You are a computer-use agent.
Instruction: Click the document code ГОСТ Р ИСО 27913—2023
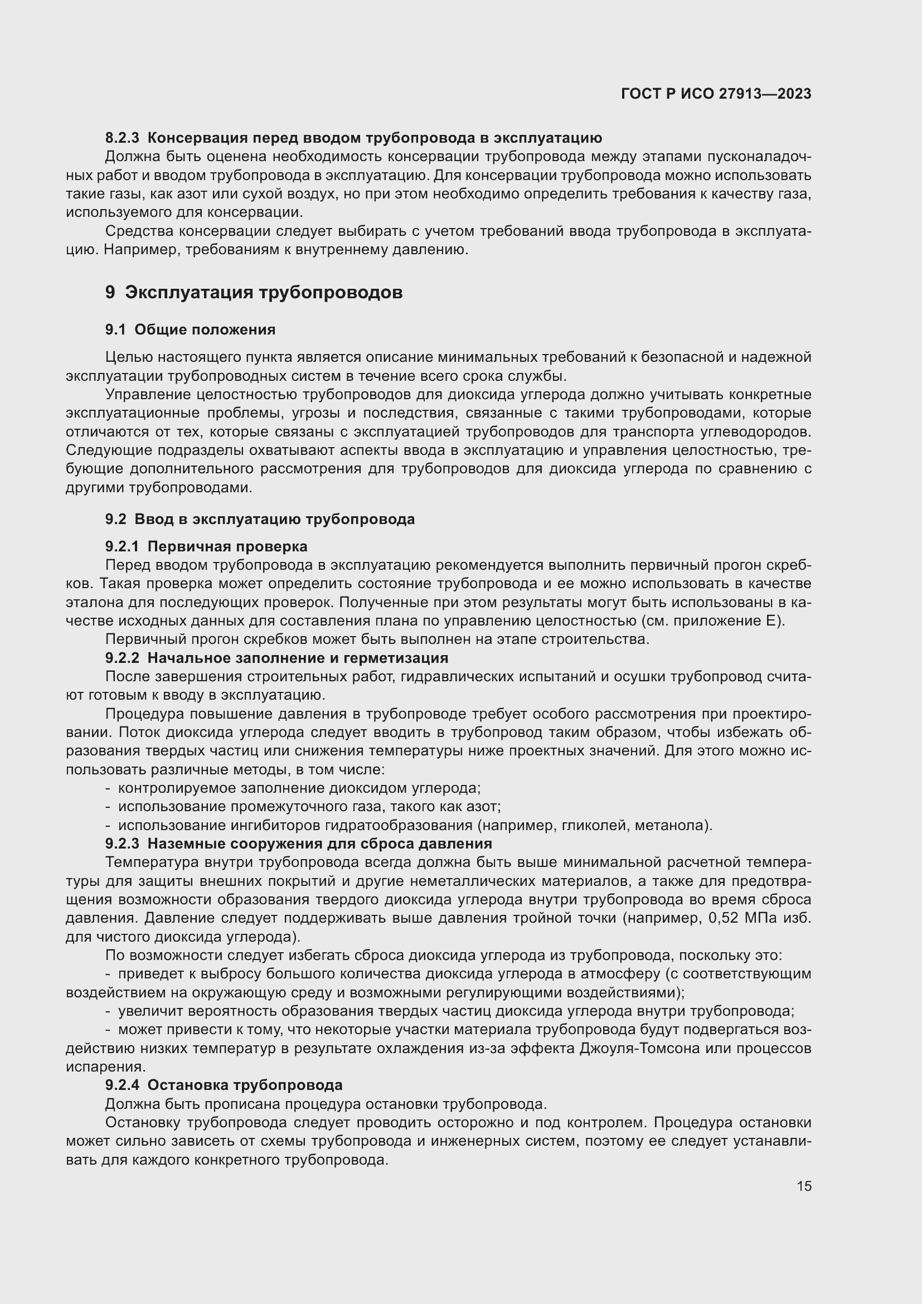pos(716,94)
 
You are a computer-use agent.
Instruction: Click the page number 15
pos(804,1186)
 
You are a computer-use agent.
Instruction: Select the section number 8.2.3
pos(122,138)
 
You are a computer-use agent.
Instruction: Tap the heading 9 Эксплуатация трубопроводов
pos(254,293)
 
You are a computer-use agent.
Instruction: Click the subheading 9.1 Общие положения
pos(190,329)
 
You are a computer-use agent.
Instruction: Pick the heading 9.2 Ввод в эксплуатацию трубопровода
pos(259,519)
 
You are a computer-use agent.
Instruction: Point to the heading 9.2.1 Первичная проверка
pos(206,546)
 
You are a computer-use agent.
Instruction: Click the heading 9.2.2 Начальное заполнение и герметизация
pos(276,658)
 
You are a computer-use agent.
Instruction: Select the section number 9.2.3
pos(122,844)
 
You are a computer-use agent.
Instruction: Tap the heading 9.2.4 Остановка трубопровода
pos(224,1085)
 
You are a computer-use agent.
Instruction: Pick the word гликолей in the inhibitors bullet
pos(593,825)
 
